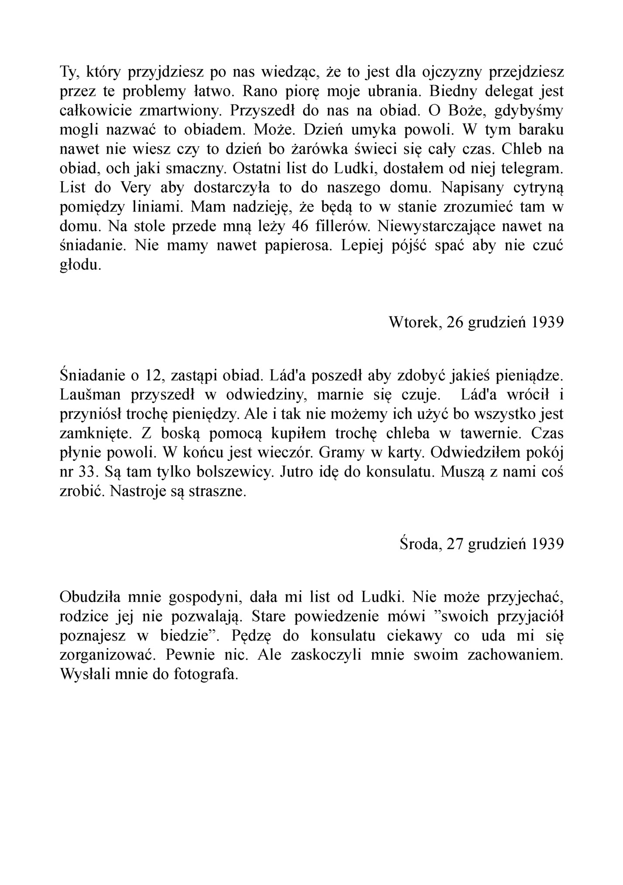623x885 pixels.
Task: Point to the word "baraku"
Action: click(x=540, y=130)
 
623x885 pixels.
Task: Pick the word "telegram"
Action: click(x=529, y=168)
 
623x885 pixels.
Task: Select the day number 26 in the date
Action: click(x=456, y=322)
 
